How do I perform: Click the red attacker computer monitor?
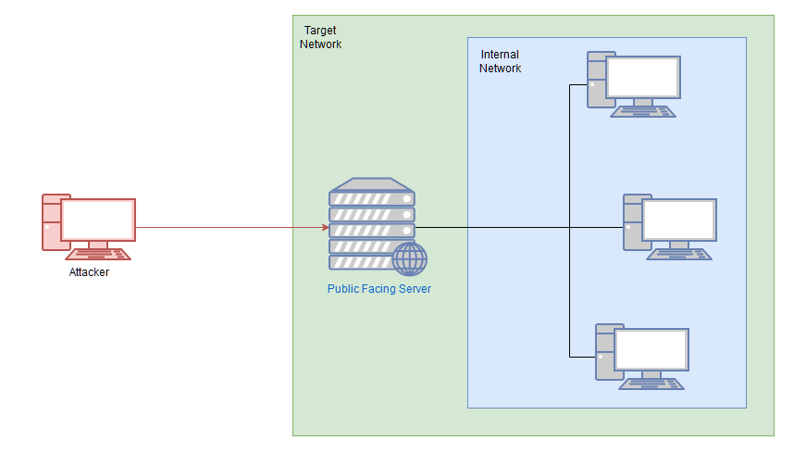click(x=98, y=220)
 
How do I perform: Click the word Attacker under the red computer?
click(x=89, y=272)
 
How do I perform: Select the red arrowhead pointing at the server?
click(x=325, y=227)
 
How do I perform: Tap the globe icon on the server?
click(x=409, y=258)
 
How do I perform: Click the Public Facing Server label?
click(x=378, y=289)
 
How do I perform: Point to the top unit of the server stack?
click(x=372, y=197)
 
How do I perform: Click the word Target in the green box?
click(x=320, y=31)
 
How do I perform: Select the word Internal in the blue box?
click(x=500, y=55)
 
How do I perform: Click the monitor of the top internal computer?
click(x=643, y=78)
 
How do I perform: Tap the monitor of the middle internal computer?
click(x=679, y=220)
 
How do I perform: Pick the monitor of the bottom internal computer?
click(x=651, y=350)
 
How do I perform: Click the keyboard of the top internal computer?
click(x=644, y=111)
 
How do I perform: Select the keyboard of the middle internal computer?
click(x=680, y=254)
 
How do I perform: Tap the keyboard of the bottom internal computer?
click(x=652, y=384)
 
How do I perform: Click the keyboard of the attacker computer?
click(x=99, y=254)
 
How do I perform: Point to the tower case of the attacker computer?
click(x=50, y=222)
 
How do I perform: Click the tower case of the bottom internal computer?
click(x=603, y=353)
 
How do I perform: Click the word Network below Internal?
click(x=500, y=69)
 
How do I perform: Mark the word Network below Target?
click(x=320, y=44)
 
